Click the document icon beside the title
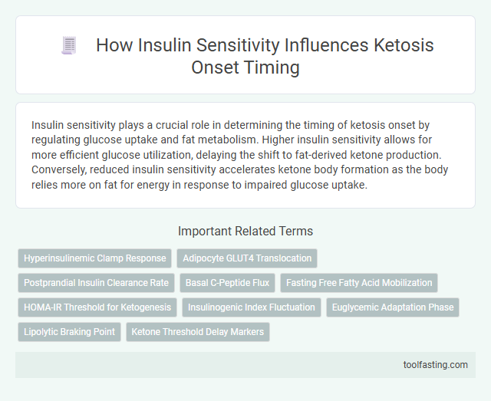pyautogui.click(x=69, y=45)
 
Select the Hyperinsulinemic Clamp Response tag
pyautogui.click(x=94, y=258)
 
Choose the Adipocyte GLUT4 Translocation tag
pyautogui.click(x=247, y=258)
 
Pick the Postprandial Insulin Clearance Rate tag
pyautogui.click(x=96, y=283)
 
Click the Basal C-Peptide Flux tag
pyautogui.click(x=227, y=283)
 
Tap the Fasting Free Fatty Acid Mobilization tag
pyautogui.click(x=359, y=283)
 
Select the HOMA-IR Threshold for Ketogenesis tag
pyautogui.click(x=97, y=307)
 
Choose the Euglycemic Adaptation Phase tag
pyautogui.click(x=394, y=307)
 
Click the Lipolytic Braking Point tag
pyautogui.click(x=69, y=332)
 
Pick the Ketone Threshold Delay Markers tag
pyautogui.click(x=197, y=332)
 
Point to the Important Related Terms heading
pyautogui.click(x=245, y=231)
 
